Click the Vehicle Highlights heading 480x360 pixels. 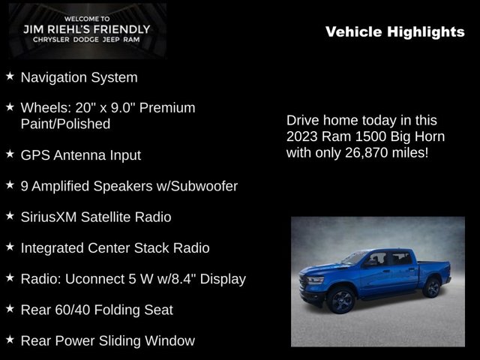click(395, 31)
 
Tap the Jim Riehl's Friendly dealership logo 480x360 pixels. click(86, 31)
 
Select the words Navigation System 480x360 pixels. click(79, 77)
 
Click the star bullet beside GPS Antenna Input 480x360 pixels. click(10, 154)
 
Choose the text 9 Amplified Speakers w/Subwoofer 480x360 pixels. click(129, 186)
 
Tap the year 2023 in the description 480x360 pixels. click(302, 136)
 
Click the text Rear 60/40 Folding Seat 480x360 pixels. click(97, 310)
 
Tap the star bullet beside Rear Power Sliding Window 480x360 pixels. click(10, 340)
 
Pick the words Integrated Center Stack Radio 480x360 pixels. click(115, 247)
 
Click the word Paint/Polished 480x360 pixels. click(65, 124)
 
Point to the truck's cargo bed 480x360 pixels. click(431, 262)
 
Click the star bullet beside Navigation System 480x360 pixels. click(10, 76)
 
